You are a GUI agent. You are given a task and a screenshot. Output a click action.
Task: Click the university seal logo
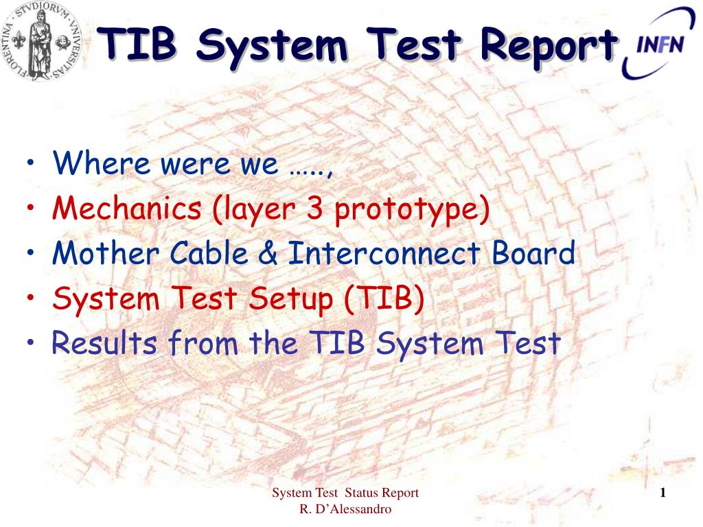(41, 41)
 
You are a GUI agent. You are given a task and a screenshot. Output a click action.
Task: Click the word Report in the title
(549, 46)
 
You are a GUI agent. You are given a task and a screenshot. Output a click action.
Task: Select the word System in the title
(272, 46)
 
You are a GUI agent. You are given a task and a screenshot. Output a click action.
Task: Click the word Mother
(106, 253)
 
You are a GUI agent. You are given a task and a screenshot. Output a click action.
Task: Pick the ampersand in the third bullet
(268, 253)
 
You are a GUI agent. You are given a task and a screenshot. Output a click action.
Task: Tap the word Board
(533, 253)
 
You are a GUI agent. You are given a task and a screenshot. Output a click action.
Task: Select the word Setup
(290, 299)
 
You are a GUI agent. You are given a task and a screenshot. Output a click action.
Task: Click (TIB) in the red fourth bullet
(384, 298)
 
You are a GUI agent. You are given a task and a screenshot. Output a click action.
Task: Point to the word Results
(104, 343)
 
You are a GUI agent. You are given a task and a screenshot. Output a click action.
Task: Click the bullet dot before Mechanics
(30, 207)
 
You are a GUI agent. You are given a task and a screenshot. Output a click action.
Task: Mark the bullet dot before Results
(30, 342)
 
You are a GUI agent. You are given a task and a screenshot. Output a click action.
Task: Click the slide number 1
(662, 493)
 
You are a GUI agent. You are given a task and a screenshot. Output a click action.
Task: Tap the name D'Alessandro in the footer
(352, 510)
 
